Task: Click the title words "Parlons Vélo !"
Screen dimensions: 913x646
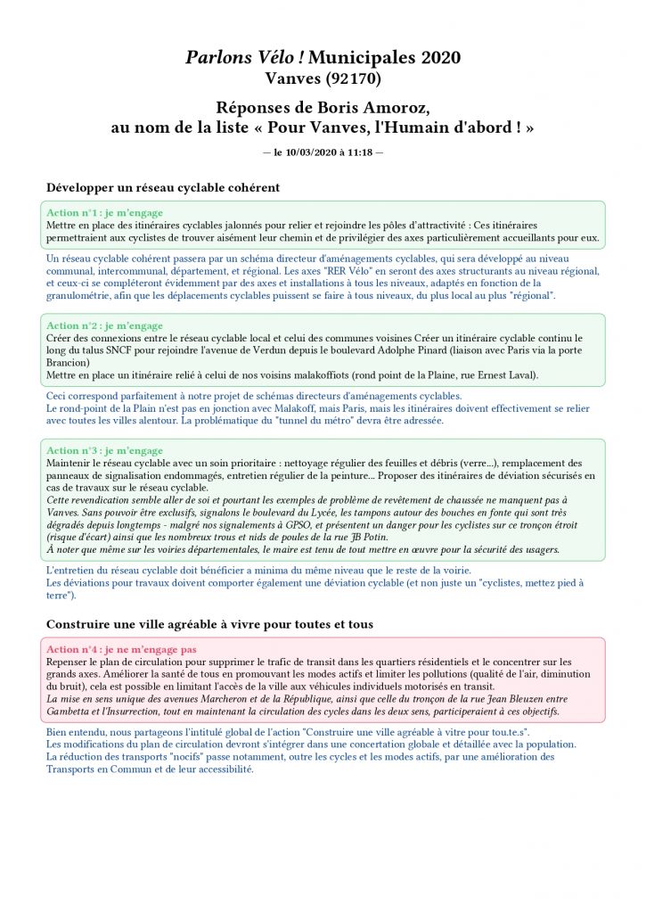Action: click(x=239, y=58)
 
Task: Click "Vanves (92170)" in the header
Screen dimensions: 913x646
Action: click(x=323, y=79)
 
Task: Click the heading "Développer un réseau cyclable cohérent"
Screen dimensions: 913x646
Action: click(x=163, y=188)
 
